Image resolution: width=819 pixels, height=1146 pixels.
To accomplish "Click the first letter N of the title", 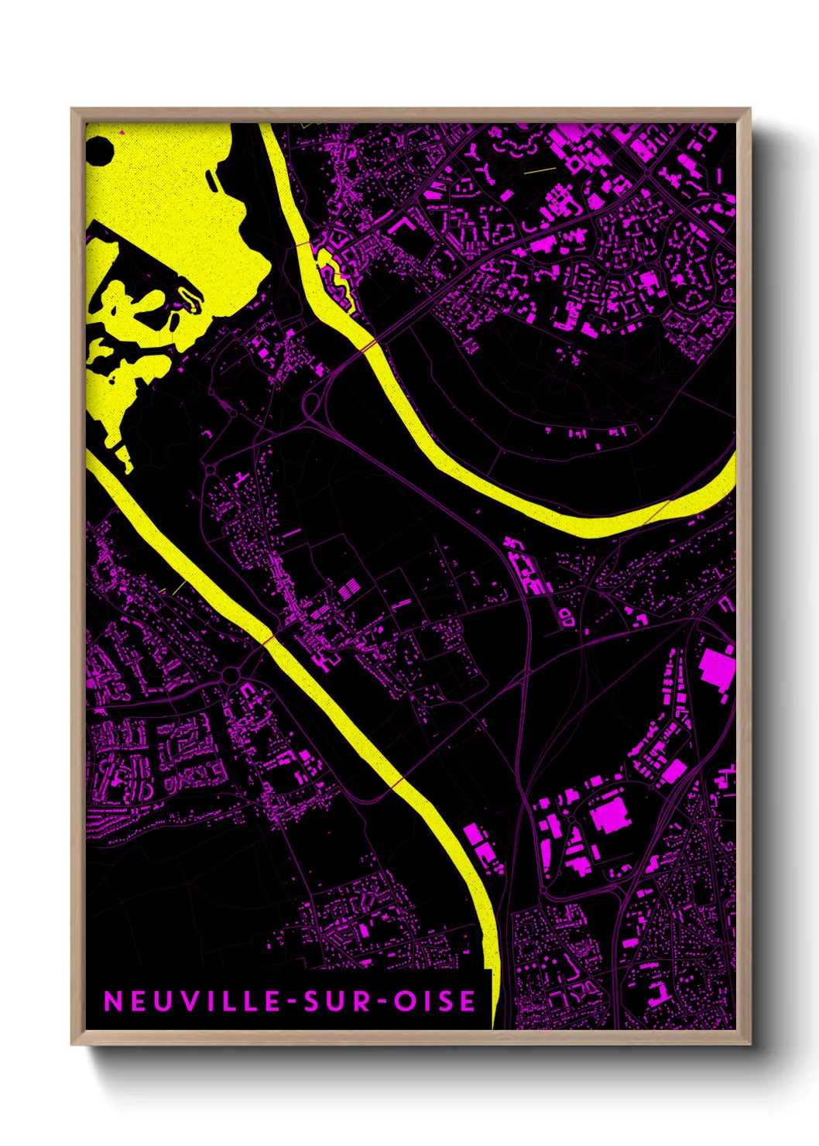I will [112, 1001].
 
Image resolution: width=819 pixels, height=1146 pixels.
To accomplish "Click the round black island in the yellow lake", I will [99, 150].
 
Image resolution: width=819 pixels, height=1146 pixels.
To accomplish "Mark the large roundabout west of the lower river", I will [231, 676].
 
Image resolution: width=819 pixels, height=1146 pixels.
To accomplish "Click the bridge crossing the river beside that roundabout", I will [269, 640].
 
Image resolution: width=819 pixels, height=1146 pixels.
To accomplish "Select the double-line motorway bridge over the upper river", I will [370, 345].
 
